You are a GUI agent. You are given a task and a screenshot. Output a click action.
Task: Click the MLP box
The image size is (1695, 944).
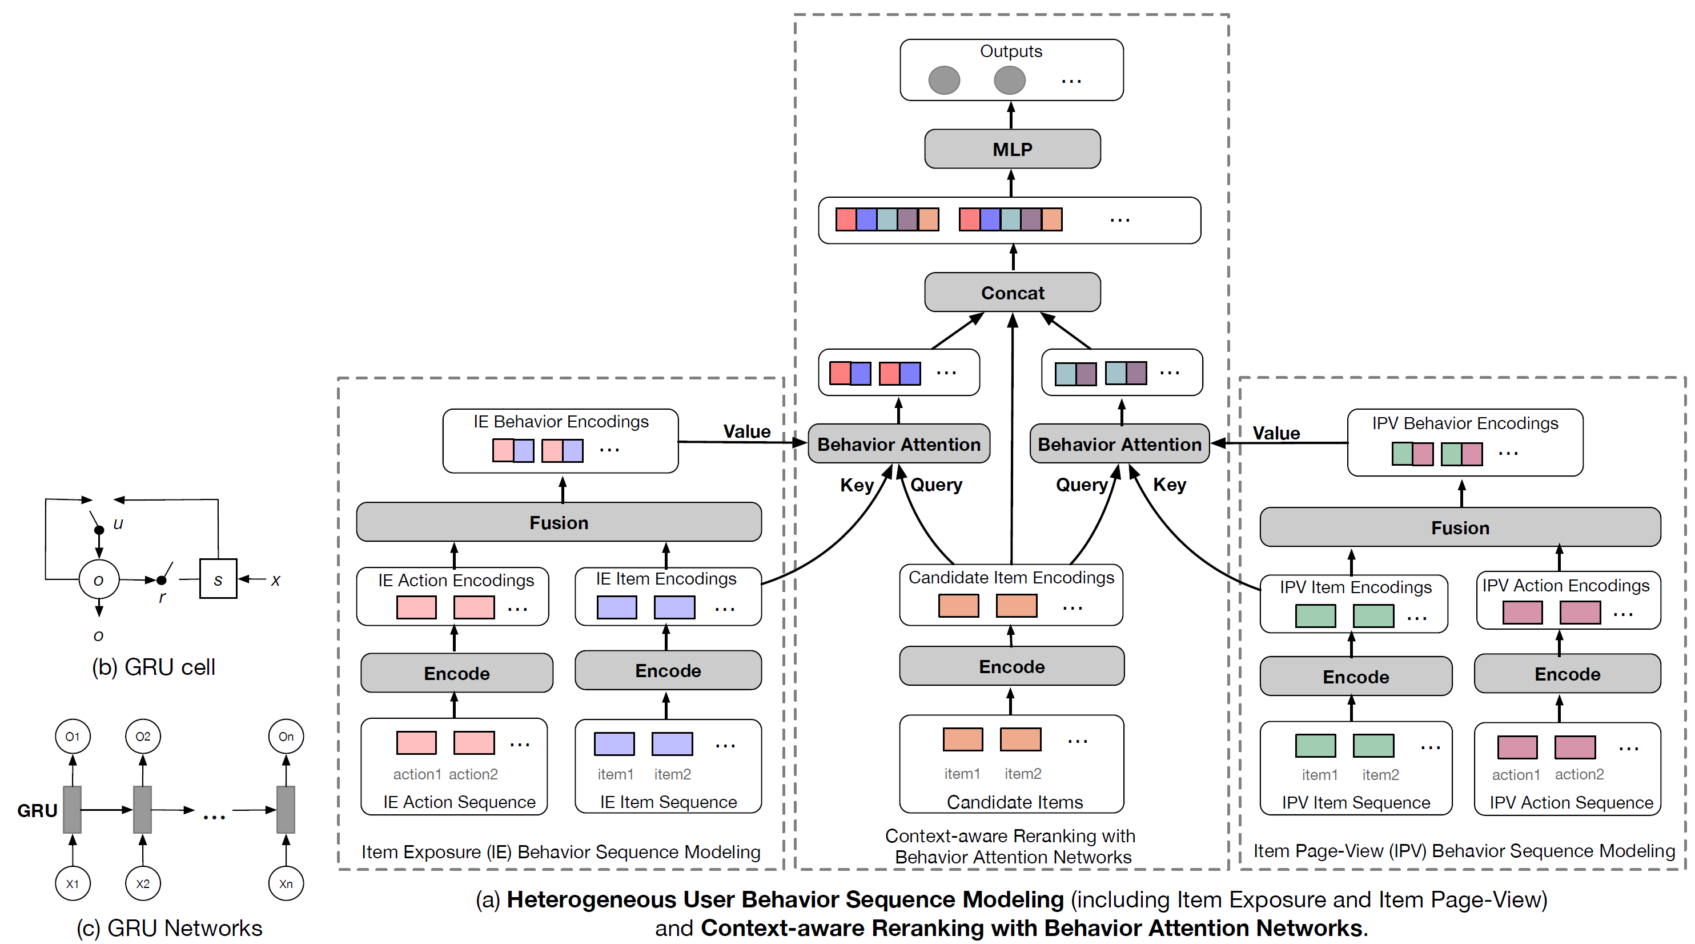click(x=1011, y=150)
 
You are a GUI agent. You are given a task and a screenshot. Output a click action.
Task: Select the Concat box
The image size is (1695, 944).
click(x=1011, y=292)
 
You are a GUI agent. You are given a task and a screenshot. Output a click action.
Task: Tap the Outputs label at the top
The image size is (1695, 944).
click(x=1011, y=51)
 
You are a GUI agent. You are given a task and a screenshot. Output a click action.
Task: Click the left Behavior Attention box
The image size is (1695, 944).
click(x=898, y=445)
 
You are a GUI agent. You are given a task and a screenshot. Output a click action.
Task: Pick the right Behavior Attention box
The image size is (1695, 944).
click(x=1119, y=445)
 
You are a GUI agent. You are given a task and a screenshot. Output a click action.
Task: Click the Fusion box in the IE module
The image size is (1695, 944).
click(x=558, y=522)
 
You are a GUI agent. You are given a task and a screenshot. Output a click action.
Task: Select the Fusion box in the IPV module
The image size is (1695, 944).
click(x=1460, y=527)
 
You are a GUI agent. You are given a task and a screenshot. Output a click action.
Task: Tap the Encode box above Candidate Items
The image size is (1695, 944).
click(x=1011, y=666)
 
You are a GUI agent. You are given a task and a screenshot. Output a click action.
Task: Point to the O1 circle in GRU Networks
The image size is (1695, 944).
click(x=73, y=736)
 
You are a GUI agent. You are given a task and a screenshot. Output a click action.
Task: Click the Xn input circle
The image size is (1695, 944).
click(x=286, y=883)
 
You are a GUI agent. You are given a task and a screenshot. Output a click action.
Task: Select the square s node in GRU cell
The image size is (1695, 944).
click(x=218, y=580)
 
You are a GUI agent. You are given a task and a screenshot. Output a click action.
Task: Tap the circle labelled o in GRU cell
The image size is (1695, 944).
click(x=99, y=580)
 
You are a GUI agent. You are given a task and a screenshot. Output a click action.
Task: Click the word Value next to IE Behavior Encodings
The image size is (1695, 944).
click(x=746, y=431)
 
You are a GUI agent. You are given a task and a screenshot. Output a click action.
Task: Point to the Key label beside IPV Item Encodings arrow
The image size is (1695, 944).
click(x=1169, y=485)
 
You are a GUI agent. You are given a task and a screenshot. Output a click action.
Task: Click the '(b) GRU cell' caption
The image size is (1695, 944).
click(x=153, y=667)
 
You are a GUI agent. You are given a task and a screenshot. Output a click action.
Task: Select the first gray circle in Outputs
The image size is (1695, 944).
click(x=943, y=81)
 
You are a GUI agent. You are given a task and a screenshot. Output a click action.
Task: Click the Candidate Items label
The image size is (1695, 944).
click(x=1014, y=802)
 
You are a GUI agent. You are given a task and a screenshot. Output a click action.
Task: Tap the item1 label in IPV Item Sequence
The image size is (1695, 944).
click(x=1319, y=775)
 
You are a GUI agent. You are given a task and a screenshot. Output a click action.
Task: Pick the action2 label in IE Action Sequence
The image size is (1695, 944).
click(x=473, y=774)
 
